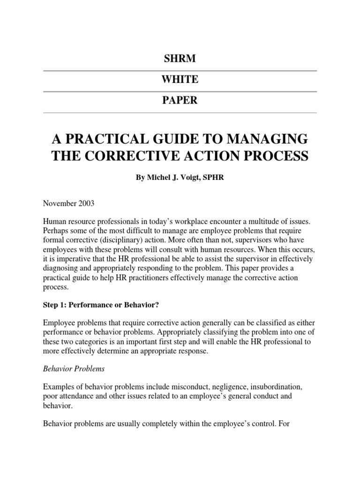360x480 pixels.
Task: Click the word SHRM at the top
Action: coord(180,59)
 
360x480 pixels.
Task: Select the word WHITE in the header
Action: coord(180,80)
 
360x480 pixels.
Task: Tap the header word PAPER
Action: coord(180,100)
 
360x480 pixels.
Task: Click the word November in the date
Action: coord(61,204)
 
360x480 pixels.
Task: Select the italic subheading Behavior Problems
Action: coord(74,369)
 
